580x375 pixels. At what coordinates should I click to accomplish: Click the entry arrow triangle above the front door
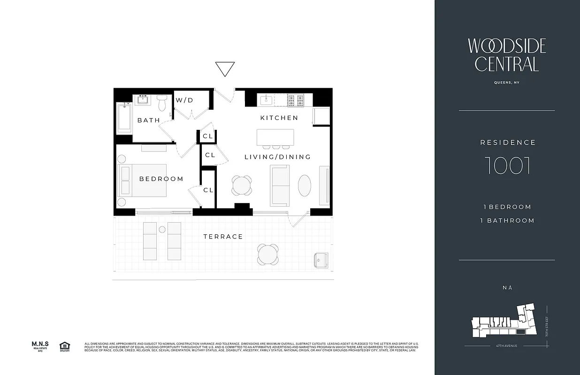(225, 68)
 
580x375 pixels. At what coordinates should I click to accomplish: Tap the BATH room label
(149, 120)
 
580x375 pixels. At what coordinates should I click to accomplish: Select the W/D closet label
(184, 100)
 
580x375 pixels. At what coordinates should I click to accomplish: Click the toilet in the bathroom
(162, 103)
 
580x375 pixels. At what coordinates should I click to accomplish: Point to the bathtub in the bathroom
(124, 117)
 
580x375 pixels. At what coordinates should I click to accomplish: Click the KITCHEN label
(279, 118)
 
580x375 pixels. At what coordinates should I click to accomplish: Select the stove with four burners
(296, 99)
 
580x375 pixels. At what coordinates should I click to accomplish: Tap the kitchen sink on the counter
(266, 99)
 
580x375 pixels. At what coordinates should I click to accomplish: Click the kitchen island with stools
(275, 138)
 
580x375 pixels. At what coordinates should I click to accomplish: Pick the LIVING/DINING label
(278, 157)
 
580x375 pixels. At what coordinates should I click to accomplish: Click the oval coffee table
(305, 186)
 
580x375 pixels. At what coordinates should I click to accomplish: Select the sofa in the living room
(280, 186)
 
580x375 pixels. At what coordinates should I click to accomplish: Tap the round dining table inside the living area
(242, 186)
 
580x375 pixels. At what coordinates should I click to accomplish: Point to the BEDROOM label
(161, 179)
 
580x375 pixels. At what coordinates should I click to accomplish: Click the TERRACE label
(223, 237)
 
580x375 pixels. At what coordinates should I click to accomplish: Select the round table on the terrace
(267, 254)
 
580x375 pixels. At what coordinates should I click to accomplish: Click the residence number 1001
(507, 165)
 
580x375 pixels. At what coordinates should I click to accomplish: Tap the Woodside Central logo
(507, 55)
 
